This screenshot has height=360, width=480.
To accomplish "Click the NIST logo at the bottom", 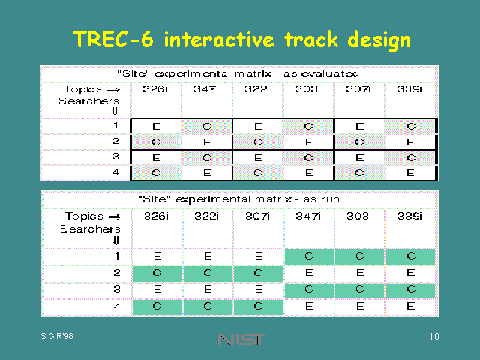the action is [x=241, y=339].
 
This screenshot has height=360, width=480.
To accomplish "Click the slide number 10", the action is [x=433, y=337].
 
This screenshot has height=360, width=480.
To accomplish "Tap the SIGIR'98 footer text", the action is [x=57, y=336].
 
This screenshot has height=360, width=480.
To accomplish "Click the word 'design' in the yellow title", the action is [x=379, y=40].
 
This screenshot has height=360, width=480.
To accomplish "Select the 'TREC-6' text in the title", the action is [x=113, y=39].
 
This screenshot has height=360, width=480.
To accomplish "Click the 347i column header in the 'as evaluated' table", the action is [x=205, y=88].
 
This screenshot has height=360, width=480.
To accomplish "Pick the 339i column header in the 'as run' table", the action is [x=409, y=216].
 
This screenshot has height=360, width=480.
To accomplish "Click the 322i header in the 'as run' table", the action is [x=207, y=216].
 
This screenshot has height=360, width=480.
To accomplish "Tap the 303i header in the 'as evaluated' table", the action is [x=307, y=88].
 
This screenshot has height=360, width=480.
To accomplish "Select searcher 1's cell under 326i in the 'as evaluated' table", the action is [x=156, y=126].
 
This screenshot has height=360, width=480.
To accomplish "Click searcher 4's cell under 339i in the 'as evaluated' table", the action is [x=410, y=173].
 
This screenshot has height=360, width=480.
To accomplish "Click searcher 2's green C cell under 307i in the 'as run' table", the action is [x=258, y=273].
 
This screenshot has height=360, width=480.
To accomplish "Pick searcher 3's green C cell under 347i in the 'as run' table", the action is [x=309, y=289].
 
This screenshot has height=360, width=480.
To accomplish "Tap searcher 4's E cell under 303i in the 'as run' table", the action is [x=360, y=306].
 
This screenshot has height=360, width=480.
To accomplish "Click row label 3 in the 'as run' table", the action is [x=117, y=289].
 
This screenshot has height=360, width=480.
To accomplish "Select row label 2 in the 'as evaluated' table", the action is [x=115, y=141].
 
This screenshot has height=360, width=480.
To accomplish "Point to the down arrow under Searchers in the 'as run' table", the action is [x=115, y=240].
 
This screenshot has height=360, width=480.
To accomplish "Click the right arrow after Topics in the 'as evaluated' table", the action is [x=113, y=90].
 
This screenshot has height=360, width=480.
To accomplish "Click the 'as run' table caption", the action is [x=238, y=199].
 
